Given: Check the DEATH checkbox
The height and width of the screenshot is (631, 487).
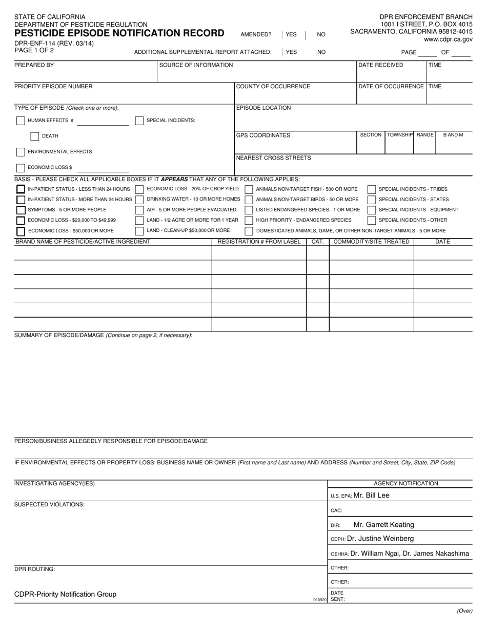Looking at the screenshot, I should [x=35, y=136].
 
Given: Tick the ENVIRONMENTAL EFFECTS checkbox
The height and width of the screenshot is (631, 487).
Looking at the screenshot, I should [x=21, y=152].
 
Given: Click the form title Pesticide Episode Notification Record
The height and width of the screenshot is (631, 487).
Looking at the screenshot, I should [x=119, y=33].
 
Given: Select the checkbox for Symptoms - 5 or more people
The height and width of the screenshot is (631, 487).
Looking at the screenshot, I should [x=21, y=210].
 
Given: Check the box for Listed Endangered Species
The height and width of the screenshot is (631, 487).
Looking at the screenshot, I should [x=249, y=210].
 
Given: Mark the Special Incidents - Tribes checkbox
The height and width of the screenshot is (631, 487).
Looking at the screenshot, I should [x=372, y=189].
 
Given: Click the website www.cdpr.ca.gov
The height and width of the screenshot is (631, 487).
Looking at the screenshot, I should [x=448, y=40].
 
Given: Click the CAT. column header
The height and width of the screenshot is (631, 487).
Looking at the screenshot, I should [x=318, y=242].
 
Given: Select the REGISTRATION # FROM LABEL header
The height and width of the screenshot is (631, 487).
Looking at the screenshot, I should [x=259, y=242].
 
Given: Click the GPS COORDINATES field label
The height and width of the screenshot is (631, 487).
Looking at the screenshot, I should [x=263, y=135].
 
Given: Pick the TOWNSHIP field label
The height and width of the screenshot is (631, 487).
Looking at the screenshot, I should [x=400, y=135].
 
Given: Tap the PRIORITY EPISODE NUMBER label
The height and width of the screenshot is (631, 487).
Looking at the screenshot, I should [x=53, y=87].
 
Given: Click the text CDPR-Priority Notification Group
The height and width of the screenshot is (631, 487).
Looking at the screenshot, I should [x=65, y=595].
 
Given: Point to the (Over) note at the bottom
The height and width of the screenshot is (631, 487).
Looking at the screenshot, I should [x=464, y=611].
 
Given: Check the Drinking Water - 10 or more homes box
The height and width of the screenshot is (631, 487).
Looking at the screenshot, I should [x=139, y=200].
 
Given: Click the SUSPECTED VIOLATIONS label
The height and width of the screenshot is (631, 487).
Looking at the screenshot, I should [x=49, y=505].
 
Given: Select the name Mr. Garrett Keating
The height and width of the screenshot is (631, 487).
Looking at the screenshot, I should [x=383, y=525].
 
